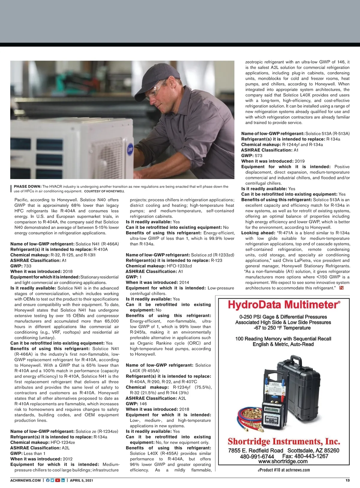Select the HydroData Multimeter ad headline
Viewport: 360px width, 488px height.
pyautogui.click(x=284, y=305)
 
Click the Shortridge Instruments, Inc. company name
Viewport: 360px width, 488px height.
pyautogui.click(x=284, y=441)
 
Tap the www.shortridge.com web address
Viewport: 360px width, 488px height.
pyautogui.click(x=283, y=462)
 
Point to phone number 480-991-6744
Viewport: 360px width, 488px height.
pyautogui.click(x=257, y=456)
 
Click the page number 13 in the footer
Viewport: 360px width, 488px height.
pyautogui.click(x=347, y=480)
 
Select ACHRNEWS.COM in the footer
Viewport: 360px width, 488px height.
pyautogui.click(x=25, y=480)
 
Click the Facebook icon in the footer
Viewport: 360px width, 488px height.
pyautogui.click(x=47, y=480)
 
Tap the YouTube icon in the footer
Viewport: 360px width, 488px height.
pyautogui.click(x=58, y=480)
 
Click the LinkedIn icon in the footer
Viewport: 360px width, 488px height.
pyautogui.click(x=63, y=480)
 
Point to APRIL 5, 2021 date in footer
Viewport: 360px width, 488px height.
pyautogui.click(x=81, y=480)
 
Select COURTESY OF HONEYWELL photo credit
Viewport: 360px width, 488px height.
pyautogui.click(x=104, y=191)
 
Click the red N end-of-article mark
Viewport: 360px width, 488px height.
pyautogui.click(x=341, y=288)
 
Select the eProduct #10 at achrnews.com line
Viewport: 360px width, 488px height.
pyautogui.click(x=284, y=470)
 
